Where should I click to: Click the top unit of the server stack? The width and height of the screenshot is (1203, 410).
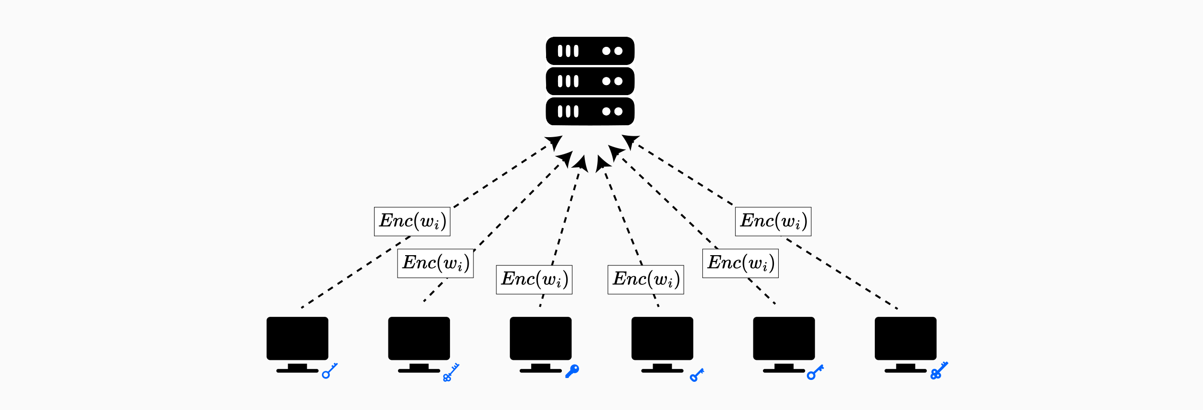tap(590, 51)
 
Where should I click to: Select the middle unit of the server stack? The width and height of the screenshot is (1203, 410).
tap(590, 81)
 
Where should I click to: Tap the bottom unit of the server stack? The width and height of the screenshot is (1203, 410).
tap(590, 111)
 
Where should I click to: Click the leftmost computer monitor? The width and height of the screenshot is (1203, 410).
tap(297, 339)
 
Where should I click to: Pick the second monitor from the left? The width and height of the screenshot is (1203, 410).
tap(419, 339)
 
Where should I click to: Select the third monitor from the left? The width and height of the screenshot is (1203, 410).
tap(540, 339)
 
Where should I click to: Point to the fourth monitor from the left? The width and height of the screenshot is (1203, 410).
tap(662, 339)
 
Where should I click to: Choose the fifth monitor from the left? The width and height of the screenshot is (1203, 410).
tap(784, 339)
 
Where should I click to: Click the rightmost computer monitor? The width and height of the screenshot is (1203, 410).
tap(905, 339)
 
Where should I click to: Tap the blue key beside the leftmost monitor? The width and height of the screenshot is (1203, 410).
tap(329, 371)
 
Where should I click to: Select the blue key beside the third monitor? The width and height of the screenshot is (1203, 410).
tap(572, 371)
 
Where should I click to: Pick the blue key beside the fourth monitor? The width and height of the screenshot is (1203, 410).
tap(697, 375)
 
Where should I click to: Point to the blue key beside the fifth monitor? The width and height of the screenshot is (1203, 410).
tap(815, 372)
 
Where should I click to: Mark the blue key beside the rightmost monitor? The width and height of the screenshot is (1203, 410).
tap(939, 371)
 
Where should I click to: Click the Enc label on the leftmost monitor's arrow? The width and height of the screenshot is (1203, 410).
tap(412, 221)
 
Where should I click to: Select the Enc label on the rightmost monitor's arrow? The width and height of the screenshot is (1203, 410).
tap(773, 221)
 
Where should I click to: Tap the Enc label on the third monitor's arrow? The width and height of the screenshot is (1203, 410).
tap(534, 280)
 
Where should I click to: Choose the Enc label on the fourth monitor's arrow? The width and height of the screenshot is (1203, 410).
tap(645, 280)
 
